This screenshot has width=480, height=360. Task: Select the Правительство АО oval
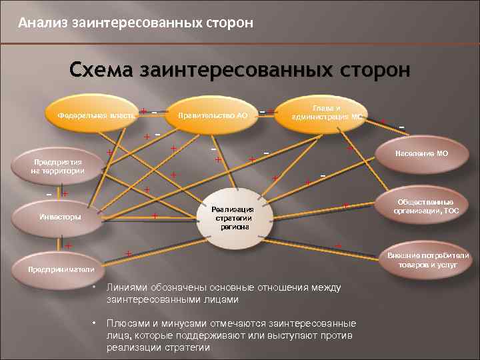pos(213,115)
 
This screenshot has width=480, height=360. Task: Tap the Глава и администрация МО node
pos(326,111)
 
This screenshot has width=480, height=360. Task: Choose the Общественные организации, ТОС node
pos(425,207)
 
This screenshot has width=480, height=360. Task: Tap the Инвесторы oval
pos(61,217)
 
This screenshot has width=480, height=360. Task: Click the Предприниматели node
pos(57,269)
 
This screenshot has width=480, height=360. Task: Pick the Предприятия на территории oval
pos(57,166)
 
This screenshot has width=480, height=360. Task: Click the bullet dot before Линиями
pos(95,288)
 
